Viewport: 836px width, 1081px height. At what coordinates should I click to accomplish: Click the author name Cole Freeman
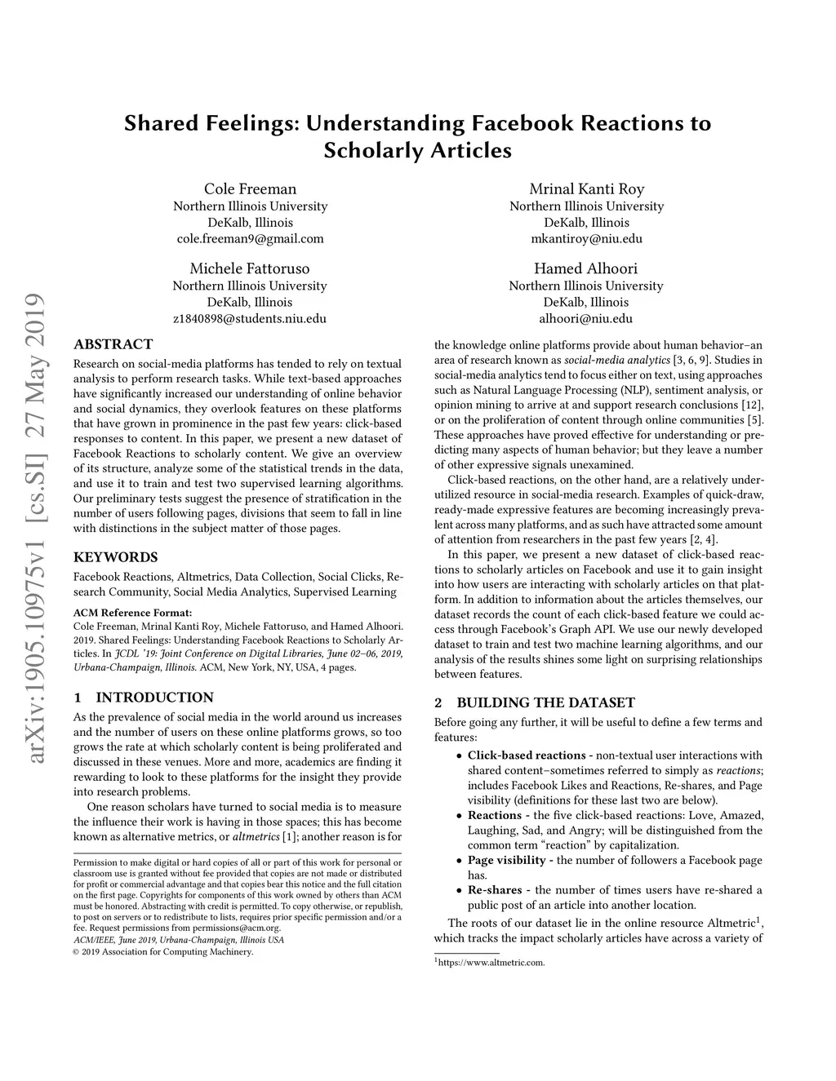point(250,189)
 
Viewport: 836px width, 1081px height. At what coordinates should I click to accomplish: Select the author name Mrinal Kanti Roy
point(586,189)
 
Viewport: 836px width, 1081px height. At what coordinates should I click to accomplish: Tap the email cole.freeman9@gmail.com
point(250,239)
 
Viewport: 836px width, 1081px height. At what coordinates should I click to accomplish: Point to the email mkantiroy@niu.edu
point(586,239)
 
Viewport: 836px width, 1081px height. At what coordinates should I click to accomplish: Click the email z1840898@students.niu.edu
point(250,318)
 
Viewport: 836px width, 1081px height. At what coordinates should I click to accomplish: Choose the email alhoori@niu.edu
point(586,318)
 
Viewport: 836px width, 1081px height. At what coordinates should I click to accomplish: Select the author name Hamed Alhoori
point(586,268)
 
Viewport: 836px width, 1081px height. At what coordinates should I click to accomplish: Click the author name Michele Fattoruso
point(250,268)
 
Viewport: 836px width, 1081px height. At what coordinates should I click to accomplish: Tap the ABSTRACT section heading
point(113,344)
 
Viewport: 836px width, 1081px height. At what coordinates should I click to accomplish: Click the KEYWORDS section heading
point(115,557)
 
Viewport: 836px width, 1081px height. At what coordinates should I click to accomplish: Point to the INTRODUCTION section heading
point(154,698)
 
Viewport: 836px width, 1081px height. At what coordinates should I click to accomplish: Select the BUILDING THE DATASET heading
point(545,702)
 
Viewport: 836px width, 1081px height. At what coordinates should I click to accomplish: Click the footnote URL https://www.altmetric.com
point(491,963)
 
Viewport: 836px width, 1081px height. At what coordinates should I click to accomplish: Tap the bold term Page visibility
point(506,860)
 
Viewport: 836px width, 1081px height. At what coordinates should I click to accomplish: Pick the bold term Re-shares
point(495,889)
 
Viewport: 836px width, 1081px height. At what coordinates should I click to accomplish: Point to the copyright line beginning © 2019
point(163,951)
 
